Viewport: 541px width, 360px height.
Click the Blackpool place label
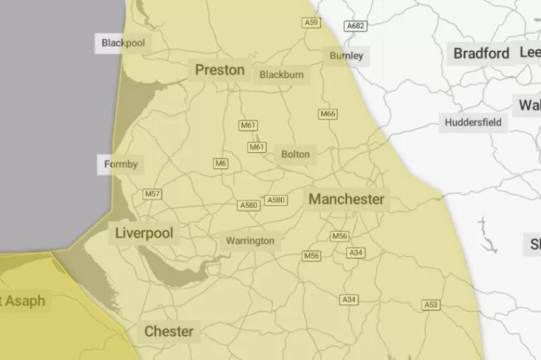pos(123,43)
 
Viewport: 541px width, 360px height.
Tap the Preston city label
pos(220,70)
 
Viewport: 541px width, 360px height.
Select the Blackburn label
pos(281,75)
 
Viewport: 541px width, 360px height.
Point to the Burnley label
pos(347,56)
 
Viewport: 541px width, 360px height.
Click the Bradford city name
pos(481,54)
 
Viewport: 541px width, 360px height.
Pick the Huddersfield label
pos(473,123)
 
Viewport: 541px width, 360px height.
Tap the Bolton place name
pos(295,154)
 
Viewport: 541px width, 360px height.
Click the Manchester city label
pos(347,199)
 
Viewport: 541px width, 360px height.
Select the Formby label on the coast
pos(121,165)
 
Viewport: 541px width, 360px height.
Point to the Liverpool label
pos(144,233)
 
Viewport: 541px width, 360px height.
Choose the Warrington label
pos(250,241)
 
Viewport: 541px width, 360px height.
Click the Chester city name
pos(168,331)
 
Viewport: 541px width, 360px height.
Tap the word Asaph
pos(25,302)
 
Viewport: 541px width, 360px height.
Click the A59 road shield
pos(311,23)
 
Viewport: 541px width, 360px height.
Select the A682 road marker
pos(356,26)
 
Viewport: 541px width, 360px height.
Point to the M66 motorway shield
pos(328,114)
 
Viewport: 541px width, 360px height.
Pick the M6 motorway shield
pos(221,163)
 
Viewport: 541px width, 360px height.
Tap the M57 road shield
pos(152,194)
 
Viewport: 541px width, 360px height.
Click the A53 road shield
pos(431,305)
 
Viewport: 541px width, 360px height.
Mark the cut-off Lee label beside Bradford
pos(530,53)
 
